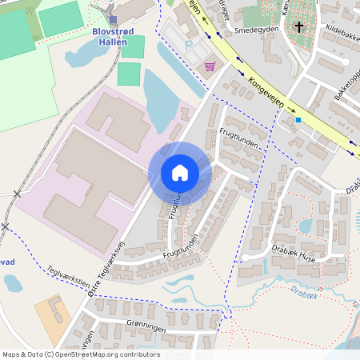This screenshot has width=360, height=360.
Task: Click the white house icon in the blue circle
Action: point(180,173)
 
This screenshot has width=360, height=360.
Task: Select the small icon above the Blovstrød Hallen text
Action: point(113,20)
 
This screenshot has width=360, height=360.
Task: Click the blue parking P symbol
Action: point(189,46)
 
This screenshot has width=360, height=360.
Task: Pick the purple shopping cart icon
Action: point(210,66)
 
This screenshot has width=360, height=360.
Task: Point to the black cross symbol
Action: point(300,27)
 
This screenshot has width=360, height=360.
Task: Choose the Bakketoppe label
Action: point(346,87)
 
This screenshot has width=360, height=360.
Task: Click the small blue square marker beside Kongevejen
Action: point(298,120)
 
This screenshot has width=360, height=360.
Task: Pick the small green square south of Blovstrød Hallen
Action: point(128,74)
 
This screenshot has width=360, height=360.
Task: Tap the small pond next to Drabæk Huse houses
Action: point(305,226)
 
